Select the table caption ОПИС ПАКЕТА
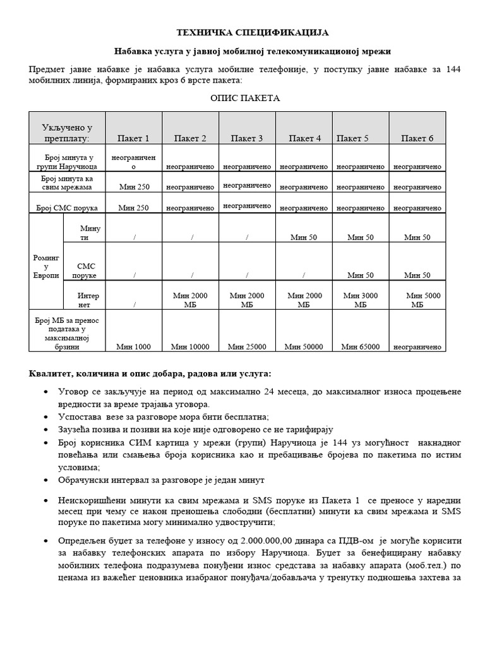(244, 99)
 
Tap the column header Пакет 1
(133, 138)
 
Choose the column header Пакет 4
(304, 138)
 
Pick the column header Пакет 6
(417, 138)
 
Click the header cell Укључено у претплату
(67, 133)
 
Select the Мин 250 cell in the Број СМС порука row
(133, 208)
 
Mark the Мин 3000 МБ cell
(360, 299)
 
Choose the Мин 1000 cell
(133, 346)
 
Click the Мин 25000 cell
(247, 346)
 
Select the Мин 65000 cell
(360, 346)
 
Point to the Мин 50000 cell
(304, 346)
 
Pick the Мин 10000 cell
(190, 346)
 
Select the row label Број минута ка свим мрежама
(66, 183)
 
